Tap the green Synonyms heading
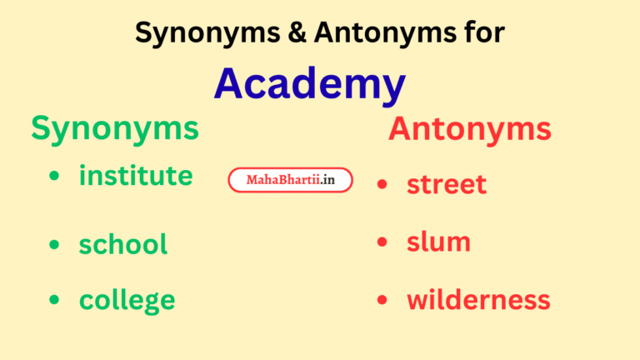(x=115, y=129)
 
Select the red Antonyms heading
(x=469, y=129)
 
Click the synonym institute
(x=136, y=176)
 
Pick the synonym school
(x=123, y=244)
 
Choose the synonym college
(x=127, y=299)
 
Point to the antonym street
(x=447, y=184)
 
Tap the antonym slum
(x=438, y=242)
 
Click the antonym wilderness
(x=478, y=299)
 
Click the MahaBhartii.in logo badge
(x=290, y=179)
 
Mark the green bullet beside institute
(x=54, y=177)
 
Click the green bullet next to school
(x=54, y=244)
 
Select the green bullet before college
(x=54, y=299)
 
